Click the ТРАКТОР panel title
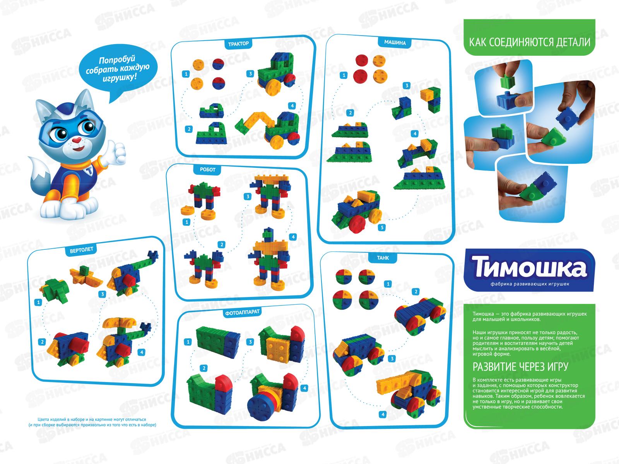tap(238, 44)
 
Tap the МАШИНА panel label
tap(395, 43)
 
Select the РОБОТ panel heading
tap(207, 170)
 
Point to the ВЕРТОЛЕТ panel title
tap(81, 250)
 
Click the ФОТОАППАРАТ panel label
tap(242, 312)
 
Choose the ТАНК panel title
tap(383, 258)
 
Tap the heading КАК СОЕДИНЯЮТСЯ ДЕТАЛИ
tap(530, 42)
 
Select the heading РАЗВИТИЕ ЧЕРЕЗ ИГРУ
tap(520, 367)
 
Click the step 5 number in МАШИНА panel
tap(382, 227)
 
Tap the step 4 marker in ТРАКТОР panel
tap(292, 106)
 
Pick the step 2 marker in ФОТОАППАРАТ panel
tap(203, 368)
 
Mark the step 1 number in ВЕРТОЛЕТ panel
tap(38, 303)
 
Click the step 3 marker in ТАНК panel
tap(392, 359)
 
